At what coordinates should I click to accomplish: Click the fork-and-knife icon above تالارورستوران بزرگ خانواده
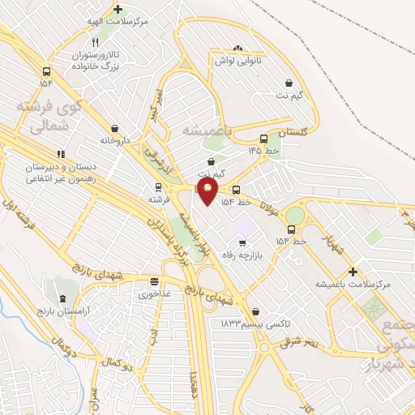point(96,41)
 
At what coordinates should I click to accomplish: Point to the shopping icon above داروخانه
point(115,127)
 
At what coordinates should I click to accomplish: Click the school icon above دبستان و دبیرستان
point(61,153)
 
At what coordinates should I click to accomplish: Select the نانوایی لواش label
point(237,61)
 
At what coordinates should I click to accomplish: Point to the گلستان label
point(294,131)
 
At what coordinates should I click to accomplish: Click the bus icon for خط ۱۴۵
point(264,139)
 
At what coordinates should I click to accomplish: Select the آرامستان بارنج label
point(62,311)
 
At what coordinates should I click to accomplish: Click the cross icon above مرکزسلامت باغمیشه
point(353,272)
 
